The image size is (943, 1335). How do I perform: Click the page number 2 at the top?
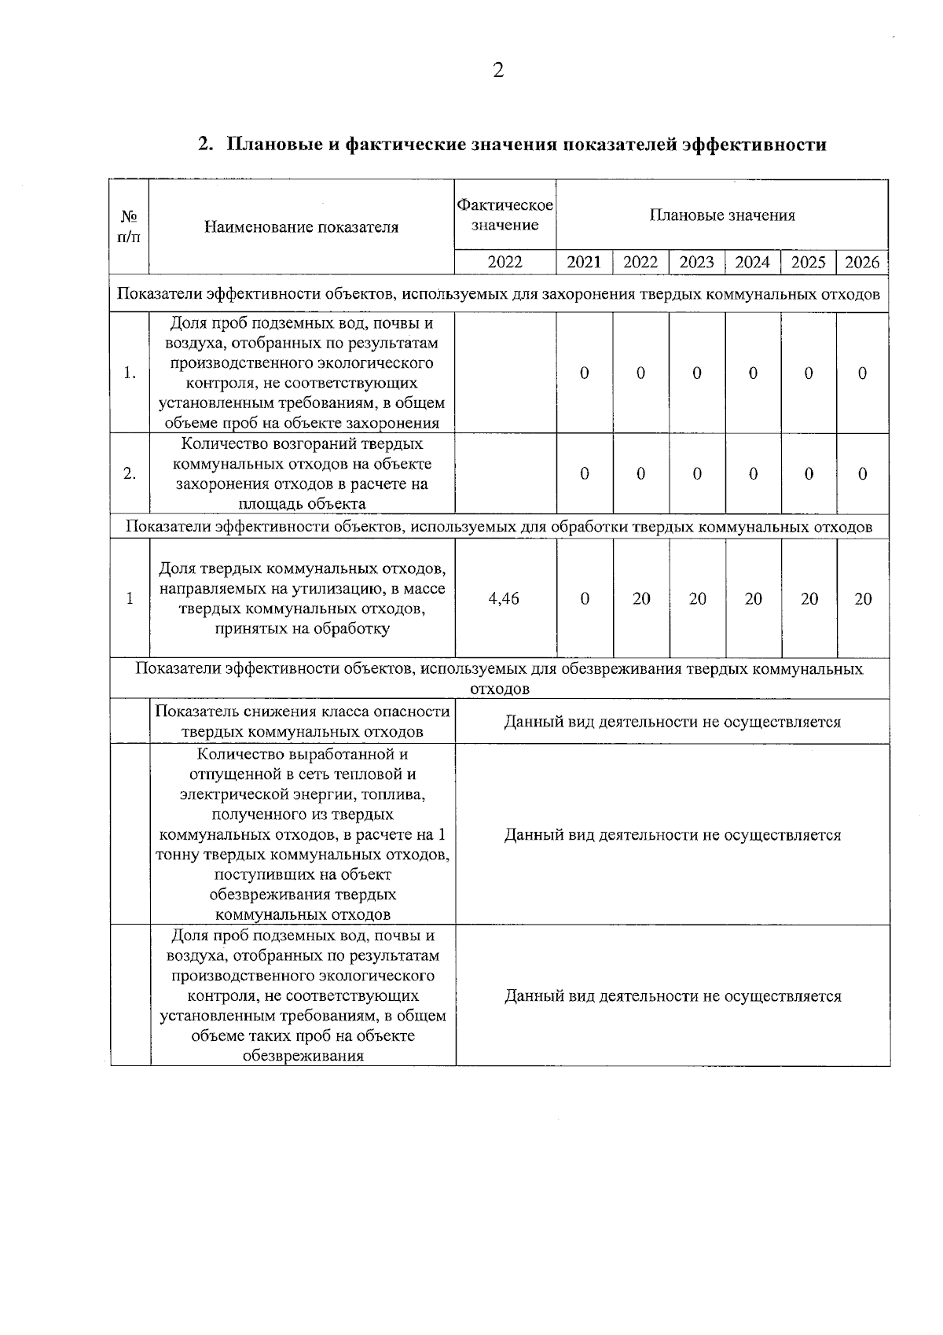497,72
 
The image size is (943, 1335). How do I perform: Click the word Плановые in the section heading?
273,145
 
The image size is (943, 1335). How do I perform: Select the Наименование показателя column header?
301,228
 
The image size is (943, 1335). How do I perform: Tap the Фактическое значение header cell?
505,215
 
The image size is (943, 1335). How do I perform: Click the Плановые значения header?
721,215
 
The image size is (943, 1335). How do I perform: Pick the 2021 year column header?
584,263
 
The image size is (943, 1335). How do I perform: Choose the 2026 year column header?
862,263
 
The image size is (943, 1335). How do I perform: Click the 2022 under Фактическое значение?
505,263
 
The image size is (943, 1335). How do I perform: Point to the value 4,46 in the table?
504,599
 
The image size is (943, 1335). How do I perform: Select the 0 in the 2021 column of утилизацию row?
585,599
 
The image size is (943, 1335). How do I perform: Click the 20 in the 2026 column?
863,599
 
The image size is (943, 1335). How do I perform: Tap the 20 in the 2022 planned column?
641,599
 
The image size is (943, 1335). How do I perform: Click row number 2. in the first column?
130,474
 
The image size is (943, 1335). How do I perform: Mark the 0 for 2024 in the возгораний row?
753,474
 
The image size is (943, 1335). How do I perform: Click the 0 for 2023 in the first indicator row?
696,373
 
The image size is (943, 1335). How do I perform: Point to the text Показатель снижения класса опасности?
302,712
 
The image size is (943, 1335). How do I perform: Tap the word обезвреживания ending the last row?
303,1056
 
